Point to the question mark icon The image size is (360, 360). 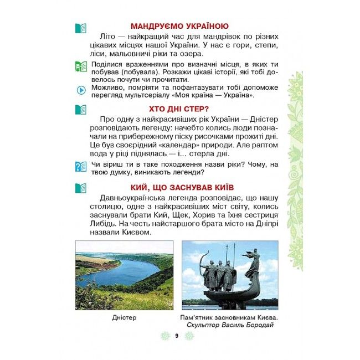[x=81, y=166]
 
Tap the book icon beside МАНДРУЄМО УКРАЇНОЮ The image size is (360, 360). [x=81, y=27]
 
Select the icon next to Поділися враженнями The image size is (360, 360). [x=81, y=66]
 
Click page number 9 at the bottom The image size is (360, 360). [x=175, y=336]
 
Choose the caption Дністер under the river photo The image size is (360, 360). [x=124, y=317]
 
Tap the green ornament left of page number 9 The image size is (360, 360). [x=163, y=336]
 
